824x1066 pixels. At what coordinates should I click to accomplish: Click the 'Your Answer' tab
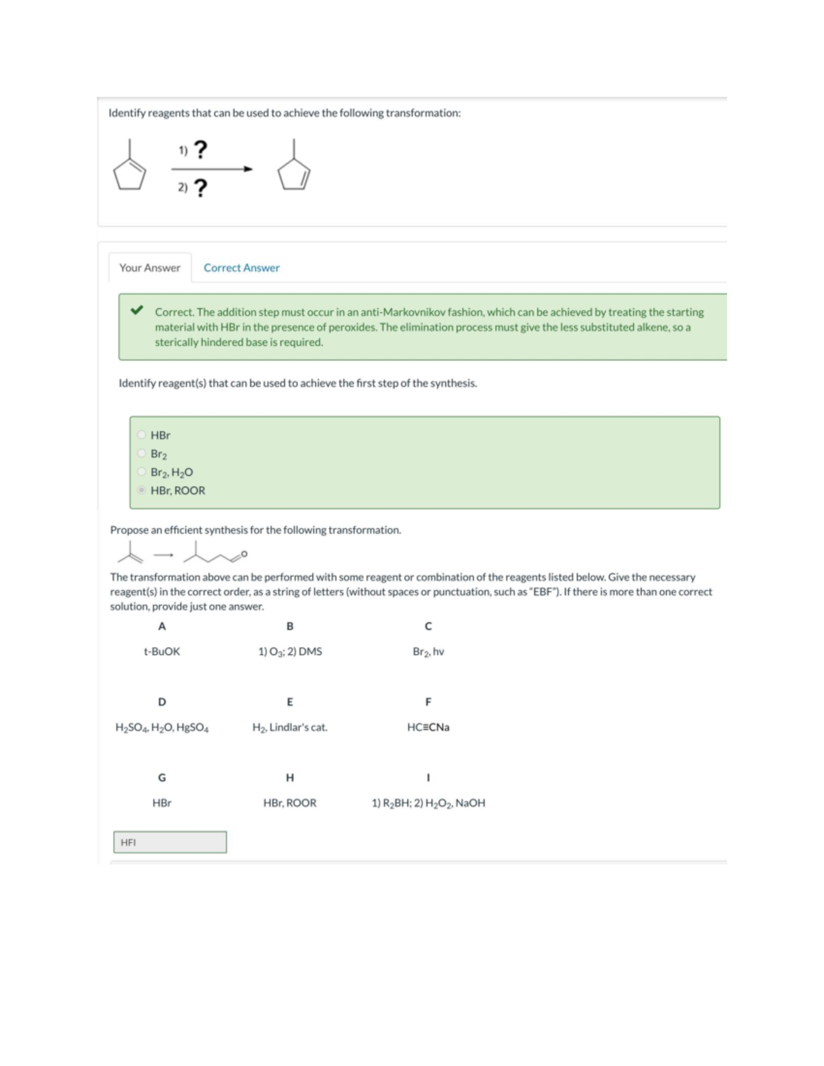pos(150,268)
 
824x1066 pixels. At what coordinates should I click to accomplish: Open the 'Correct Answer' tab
pos(241,268)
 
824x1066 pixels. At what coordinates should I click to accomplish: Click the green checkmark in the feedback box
pos(137,310)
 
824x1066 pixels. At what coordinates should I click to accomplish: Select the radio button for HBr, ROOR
pos(141,490)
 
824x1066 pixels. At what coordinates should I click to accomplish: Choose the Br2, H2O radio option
pos(141,472)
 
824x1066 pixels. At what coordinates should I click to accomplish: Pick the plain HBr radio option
pos(141,434)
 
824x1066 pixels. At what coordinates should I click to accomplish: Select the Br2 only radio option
pos(141,453)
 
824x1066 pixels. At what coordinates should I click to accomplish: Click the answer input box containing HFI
pos(170,842)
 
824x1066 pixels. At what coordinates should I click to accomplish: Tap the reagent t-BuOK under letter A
pos(161,651)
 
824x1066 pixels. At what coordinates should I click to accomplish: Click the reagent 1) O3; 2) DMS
pos(290,651)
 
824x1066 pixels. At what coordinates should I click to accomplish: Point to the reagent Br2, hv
pos(428,651)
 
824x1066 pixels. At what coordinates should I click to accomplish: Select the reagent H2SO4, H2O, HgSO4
pos(162,727)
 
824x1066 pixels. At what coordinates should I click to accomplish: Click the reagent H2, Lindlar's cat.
pos(290,727)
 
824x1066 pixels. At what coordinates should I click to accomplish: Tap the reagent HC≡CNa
pos(428,727)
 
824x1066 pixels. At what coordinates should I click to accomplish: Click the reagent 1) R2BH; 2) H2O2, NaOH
pos(428,802)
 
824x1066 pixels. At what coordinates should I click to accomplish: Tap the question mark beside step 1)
pos(200,150)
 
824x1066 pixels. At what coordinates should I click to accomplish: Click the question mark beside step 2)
pos(200,187)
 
